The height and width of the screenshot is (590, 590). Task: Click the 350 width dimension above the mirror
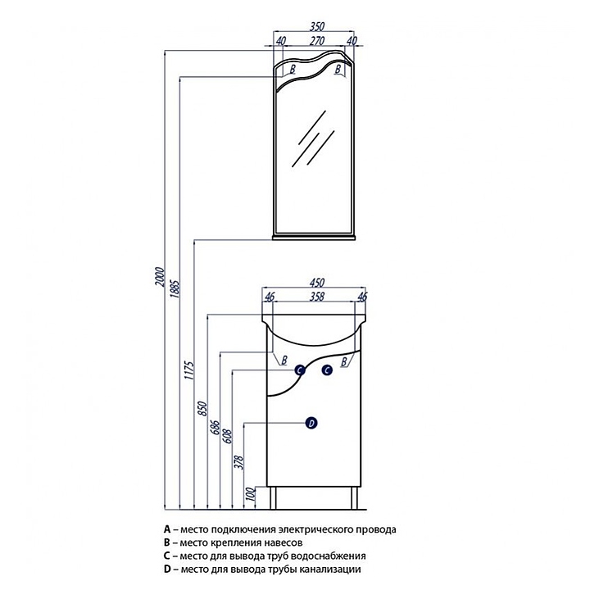tap(317, 27)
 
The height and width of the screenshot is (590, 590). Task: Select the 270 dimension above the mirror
tap(317, 41)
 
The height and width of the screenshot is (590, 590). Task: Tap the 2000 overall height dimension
tap(161, 277)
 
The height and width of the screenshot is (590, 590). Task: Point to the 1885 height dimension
tap(176, 290)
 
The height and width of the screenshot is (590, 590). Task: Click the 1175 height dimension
tap(190, 370)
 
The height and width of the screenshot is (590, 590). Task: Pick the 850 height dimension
tap(203, 409)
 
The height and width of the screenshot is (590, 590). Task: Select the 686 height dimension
tap(216, 427)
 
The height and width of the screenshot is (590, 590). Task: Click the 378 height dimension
tap(239, 462)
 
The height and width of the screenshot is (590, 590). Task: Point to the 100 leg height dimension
tap(251, 494)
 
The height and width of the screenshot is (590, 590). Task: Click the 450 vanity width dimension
tap(317, 283)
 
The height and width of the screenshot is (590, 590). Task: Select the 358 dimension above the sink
tap(317, 297)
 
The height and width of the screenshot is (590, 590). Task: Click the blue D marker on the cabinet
tap(311, 424)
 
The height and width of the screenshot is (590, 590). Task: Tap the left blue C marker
tap(300, 370)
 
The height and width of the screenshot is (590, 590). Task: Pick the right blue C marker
tap(327, 370)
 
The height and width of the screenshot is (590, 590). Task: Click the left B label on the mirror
tap(293, 69)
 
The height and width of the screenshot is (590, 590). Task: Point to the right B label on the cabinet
tap(344, 362)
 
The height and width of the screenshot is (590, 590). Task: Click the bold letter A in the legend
tap(167, 529)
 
